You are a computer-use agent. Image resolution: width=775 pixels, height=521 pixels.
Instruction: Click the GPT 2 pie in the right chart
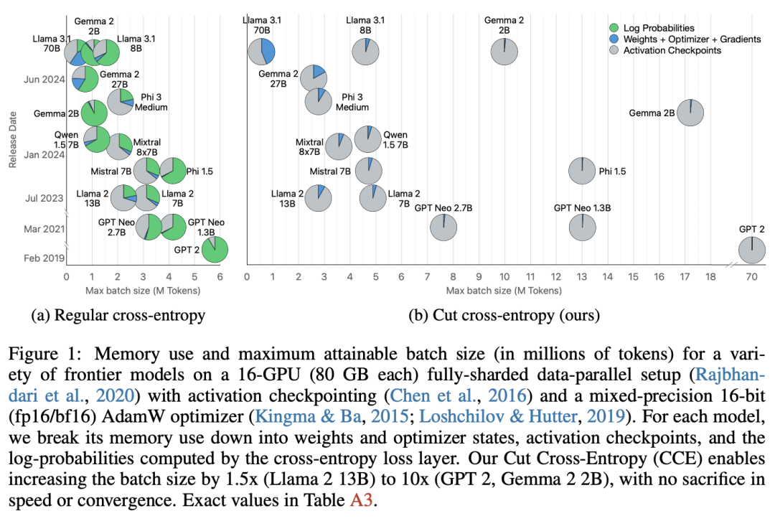coord(751,250)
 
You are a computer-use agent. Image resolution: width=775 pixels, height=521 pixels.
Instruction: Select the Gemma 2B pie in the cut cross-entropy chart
coord(690,113)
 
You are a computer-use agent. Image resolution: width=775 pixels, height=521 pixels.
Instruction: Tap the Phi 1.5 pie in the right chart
coord(581,171)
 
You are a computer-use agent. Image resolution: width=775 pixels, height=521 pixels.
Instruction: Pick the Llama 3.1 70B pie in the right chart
coord(262,52)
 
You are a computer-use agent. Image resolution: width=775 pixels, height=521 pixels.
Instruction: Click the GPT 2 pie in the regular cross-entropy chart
coord(215,250)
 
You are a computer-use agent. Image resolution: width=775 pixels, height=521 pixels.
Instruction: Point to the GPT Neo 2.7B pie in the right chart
coord(444,227)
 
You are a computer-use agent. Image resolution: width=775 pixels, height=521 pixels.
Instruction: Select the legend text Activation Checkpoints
coord(672,51)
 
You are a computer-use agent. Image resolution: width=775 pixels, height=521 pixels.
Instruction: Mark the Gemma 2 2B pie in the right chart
coord(504,52)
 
